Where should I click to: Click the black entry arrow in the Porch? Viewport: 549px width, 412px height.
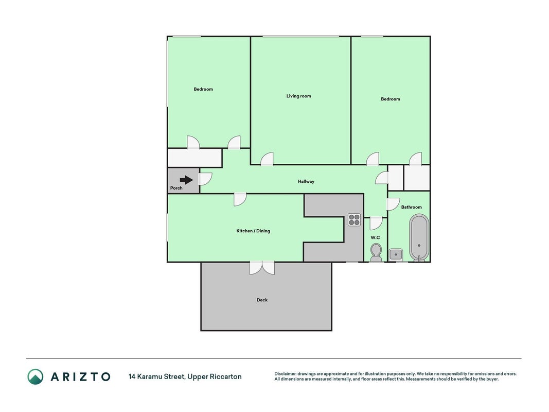point(186,180)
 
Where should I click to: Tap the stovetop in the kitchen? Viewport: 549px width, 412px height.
point(354,220)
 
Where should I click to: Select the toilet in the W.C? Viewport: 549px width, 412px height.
point(376,253)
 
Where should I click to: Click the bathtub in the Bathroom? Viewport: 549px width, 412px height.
point(419,238)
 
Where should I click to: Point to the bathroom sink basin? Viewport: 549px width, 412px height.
point(396,254)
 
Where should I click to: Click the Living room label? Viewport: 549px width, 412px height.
point(298,96)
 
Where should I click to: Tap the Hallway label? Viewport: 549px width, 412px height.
point(306,181)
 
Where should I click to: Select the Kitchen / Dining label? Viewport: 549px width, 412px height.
point(253,231)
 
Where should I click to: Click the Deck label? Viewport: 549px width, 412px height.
point(262,300)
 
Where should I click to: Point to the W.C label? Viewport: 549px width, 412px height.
point(375,237)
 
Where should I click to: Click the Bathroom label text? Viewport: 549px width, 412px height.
point(412,207)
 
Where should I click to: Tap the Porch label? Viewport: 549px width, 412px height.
point(176,188)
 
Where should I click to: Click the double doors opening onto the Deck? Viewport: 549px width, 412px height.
point(262,268)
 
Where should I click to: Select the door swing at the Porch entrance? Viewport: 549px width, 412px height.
point(205,179)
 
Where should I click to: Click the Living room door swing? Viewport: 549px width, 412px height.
point(267,159)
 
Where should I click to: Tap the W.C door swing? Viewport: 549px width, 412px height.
point(376,224)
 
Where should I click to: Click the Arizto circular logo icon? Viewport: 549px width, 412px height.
point(36,376)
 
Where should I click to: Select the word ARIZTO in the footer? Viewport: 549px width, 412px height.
point(81,377)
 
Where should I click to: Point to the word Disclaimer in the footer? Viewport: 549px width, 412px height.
point(286,374)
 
